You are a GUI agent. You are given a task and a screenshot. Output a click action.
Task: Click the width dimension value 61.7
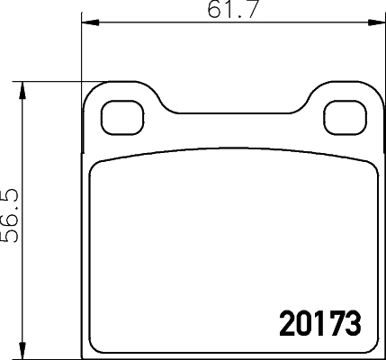pyautogui.click(x=227, y=12)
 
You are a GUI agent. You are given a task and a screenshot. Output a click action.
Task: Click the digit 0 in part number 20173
pyautogui.click(x=295, y=322)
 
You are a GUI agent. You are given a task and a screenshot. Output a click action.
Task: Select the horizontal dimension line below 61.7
pyautogui.click(x=180, y=23)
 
